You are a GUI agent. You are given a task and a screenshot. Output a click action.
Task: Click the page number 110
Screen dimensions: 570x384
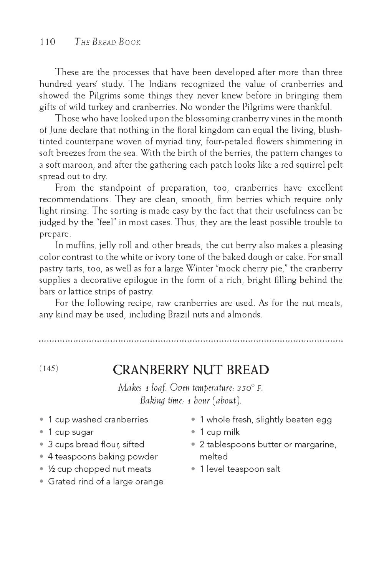(x=48, y=42)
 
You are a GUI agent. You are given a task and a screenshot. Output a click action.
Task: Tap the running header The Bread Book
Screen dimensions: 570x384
(x=108, y=42)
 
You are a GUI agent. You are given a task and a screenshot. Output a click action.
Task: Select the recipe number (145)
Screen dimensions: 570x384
(x=49, y=368)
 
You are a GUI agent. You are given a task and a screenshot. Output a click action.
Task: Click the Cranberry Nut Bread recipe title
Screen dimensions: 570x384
(x=191, y=370)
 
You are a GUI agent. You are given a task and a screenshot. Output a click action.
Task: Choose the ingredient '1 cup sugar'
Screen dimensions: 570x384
(x=71, y=432)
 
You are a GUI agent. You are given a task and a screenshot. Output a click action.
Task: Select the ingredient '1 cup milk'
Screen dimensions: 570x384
(x=220, y=432)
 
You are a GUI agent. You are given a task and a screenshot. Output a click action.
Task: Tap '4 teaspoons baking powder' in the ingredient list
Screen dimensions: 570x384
(x=103, y=456)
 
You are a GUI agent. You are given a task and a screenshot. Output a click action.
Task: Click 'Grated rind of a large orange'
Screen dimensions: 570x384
(x=106, y=481)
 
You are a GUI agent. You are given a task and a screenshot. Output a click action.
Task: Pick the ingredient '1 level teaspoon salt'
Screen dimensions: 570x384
(x=240, y=469)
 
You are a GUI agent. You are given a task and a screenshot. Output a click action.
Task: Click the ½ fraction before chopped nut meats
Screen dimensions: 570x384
(x=51, y=469)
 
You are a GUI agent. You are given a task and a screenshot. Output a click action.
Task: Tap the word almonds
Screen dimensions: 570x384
(x=245, y=315)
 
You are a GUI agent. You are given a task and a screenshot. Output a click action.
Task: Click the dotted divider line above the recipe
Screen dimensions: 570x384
(x=191, y=340)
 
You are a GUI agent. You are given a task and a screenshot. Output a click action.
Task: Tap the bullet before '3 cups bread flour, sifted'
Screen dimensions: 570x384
(x=42, y=444)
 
